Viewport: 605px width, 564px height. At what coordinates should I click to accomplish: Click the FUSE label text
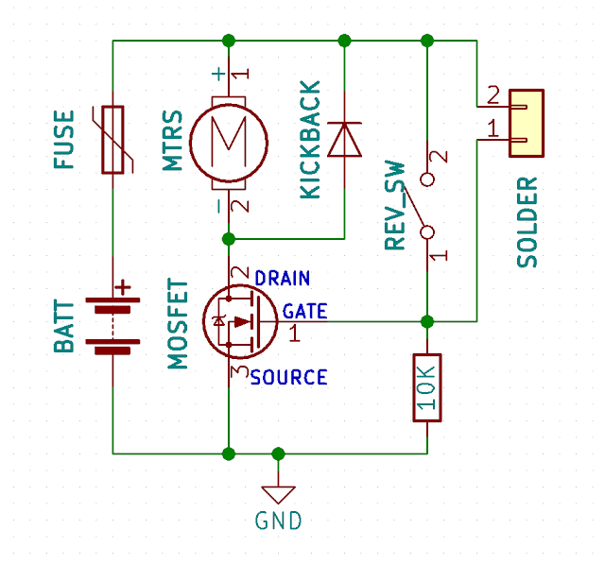[x=63, y=140]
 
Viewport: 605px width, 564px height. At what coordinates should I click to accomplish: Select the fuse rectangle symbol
[x=112, y=140]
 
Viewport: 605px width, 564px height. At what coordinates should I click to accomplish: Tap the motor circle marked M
[x=229, y=143]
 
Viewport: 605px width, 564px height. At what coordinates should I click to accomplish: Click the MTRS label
[x=172, y=141]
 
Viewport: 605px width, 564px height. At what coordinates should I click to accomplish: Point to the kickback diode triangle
[x=344, y=140]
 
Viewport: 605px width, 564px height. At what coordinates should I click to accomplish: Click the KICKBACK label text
[x=310, y=140]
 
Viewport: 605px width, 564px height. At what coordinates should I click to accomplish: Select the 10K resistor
[x=427, y=388]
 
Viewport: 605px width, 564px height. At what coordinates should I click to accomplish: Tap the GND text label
[x=278, y=521]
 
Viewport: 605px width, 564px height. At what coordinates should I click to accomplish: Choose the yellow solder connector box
[x=527, y=124]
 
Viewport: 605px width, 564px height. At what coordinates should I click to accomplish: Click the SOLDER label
[x=527, y=222]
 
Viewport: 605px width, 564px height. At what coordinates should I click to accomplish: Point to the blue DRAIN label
[x=283, y=278]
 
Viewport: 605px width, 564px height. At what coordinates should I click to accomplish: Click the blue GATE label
[x=304, y=311]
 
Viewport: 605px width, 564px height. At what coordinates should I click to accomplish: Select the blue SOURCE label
[x=289, y=377]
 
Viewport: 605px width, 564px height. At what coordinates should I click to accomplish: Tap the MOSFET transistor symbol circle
[x=240, y=321]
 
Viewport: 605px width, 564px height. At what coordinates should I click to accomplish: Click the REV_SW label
[x=395, y=205]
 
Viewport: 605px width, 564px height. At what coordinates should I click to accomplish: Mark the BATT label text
[x=63, y=326]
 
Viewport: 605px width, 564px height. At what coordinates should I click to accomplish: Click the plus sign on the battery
[x=123, y=287]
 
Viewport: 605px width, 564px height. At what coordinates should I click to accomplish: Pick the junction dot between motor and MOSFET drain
[x=229, y=239]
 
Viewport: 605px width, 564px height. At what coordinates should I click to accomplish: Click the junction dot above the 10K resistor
[x=427, y=321]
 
